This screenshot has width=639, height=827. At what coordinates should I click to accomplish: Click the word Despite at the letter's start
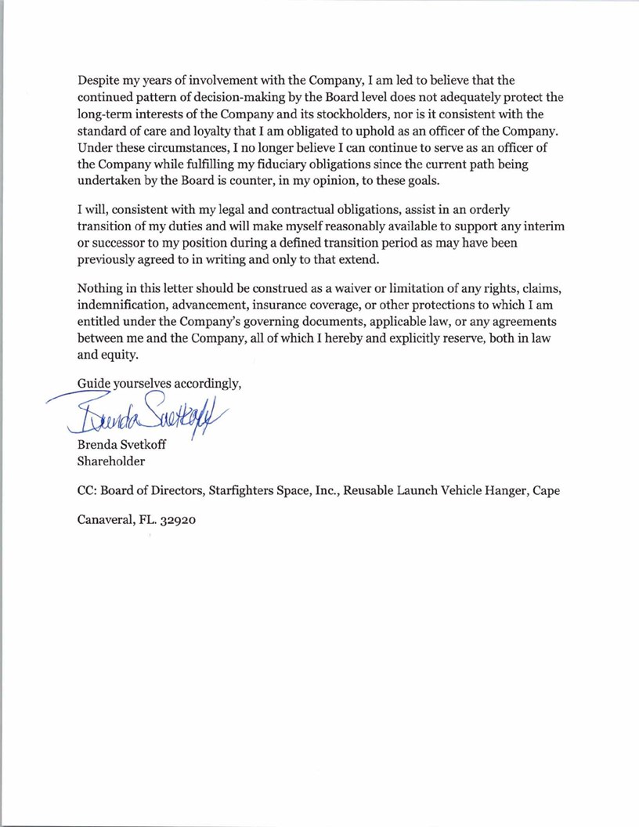(100, 80)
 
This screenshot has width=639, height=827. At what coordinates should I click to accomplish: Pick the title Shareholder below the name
(110, 461)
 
